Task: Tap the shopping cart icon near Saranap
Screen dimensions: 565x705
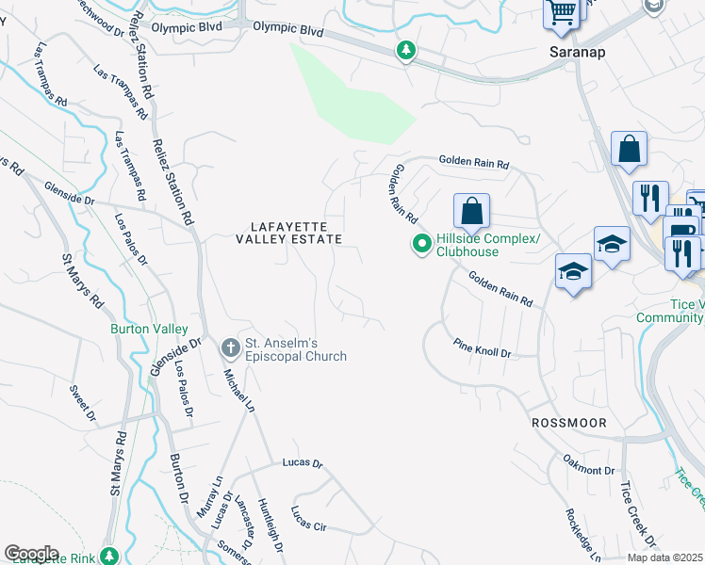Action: [x=561, y=14]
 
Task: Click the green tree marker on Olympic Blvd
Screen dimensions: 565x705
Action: [x=406, y=50]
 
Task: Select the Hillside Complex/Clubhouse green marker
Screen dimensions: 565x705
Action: [x=422, y=245]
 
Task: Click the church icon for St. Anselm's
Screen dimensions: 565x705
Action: [x=230, y=348]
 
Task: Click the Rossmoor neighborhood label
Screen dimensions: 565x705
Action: [x=567, y=423]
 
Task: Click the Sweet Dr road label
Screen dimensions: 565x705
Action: [x=84, y=401]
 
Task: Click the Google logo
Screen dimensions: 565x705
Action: [x=31, y=554]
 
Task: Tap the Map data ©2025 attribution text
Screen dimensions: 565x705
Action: [x=665, y=557]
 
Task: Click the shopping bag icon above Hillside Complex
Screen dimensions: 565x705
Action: [x=472, y=211]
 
